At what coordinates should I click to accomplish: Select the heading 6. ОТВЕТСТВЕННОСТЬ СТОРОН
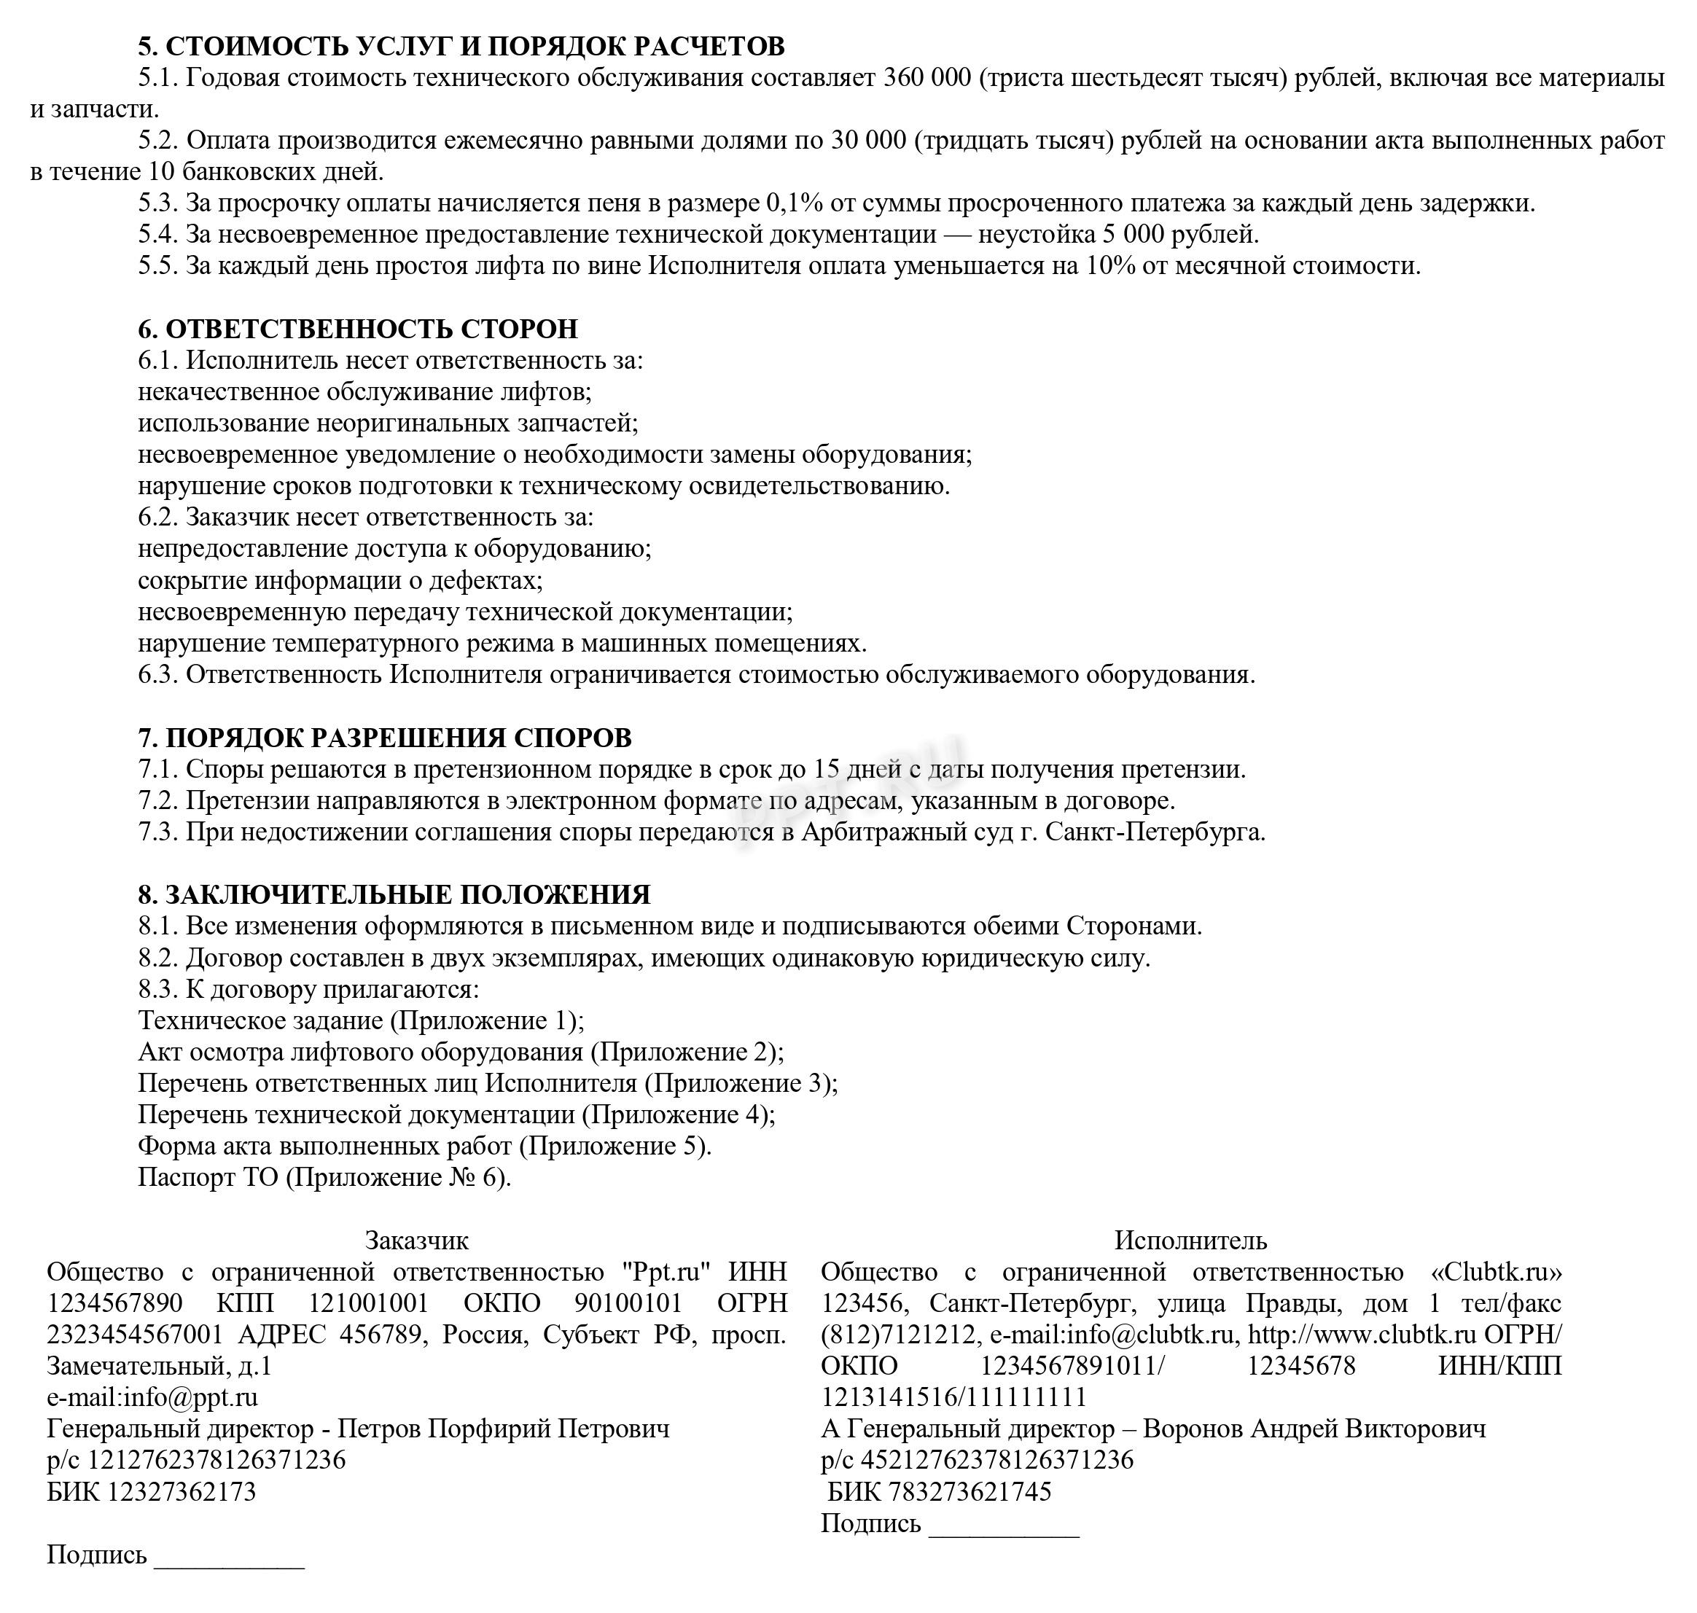coord(358,329)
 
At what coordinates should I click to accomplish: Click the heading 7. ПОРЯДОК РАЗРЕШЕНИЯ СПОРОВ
coord(384,738)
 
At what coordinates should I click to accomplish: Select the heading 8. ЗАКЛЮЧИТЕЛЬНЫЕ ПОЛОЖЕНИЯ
coord(394,895)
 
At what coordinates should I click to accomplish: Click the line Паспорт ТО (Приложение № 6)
coord(324,1177)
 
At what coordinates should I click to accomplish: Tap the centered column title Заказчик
coord(417,1241)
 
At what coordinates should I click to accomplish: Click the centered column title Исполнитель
coord(1190,1241)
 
